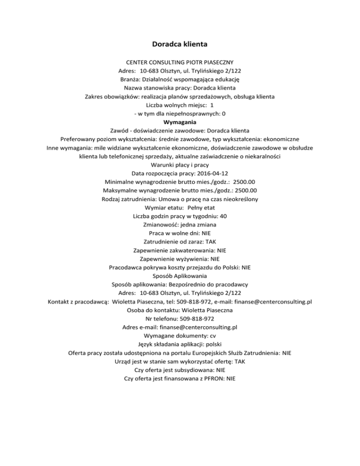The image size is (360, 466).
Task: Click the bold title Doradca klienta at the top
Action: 180,45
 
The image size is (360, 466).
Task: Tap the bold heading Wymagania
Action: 180,122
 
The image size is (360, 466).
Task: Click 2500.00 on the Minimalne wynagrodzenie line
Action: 239,182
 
